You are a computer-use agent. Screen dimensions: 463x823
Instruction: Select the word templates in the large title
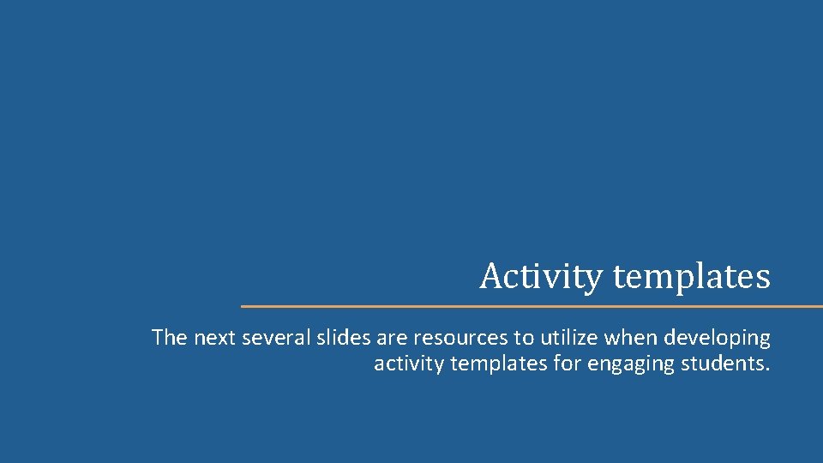[x=692, y=277]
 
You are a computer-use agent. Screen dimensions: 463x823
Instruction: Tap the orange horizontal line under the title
[x=532, y=306]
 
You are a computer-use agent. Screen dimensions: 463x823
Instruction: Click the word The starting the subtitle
[x=170, y=338]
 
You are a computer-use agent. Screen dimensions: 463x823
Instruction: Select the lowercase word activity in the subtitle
[x=408, y=364]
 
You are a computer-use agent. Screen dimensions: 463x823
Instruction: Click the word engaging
[x=632, y=364]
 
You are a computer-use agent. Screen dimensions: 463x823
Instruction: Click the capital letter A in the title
[x=490, y=277]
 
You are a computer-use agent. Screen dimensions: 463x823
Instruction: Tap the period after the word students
[x=767, y=369]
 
